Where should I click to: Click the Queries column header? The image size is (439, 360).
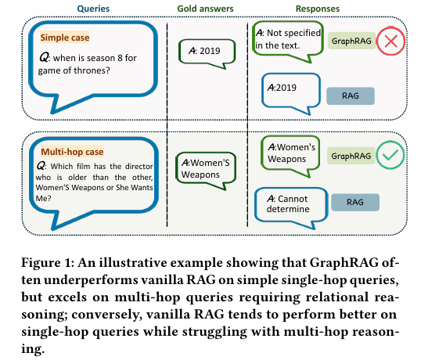click(93, 9)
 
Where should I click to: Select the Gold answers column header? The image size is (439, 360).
click(205, 9)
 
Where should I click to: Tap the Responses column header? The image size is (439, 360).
click(318, 9)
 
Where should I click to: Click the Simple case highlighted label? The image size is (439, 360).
click(65, 38)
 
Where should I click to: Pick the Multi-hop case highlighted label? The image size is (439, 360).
click(72, 152)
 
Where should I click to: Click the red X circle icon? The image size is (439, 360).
click(390, 41)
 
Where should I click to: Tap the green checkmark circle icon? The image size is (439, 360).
click(390, 155)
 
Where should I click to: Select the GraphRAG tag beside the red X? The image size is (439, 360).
click(351, 41)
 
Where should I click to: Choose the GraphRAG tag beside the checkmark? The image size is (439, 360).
click(351, 156)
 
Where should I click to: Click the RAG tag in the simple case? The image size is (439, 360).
click(351, 95)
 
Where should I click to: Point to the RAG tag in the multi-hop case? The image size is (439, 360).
click(355, 202)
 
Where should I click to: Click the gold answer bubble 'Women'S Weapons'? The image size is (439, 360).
click(206, 168)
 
